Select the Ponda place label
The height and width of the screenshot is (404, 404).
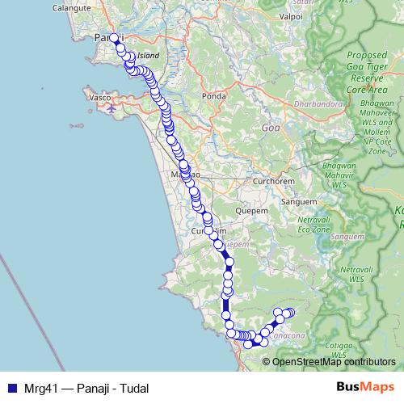[214, 96]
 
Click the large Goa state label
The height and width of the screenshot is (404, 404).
[271, 128]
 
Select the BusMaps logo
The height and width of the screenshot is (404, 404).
[365, 387]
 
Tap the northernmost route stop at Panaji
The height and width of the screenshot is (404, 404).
[114, 38]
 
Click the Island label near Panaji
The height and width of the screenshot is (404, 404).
[149, 56]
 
